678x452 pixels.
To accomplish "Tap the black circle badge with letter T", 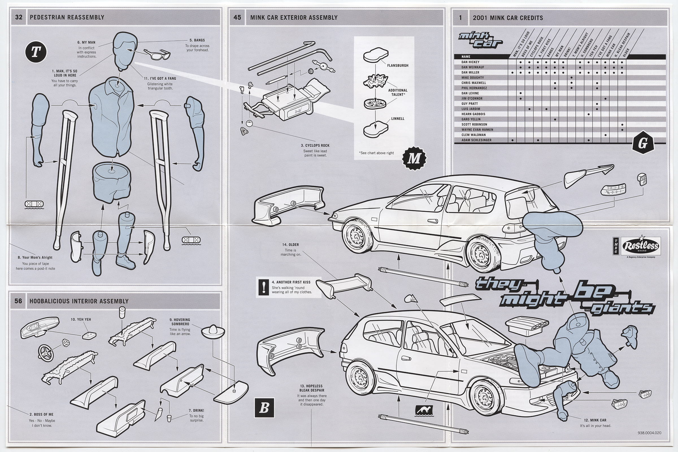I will pos(36,52).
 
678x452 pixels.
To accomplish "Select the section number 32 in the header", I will pos(19,17).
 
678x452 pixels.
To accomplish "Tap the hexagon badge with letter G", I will pos(642,143).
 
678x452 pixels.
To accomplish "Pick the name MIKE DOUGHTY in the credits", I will pos(473,77).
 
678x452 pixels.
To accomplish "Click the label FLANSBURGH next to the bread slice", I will pos(398,66).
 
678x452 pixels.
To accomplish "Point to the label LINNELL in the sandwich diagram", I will pos(398,118).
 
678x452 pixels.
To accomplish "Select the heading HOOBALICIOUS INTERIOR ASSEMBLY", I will pos(79,301).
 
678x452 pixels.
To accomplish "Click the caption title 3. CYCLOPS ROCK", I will pos(315,145).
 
